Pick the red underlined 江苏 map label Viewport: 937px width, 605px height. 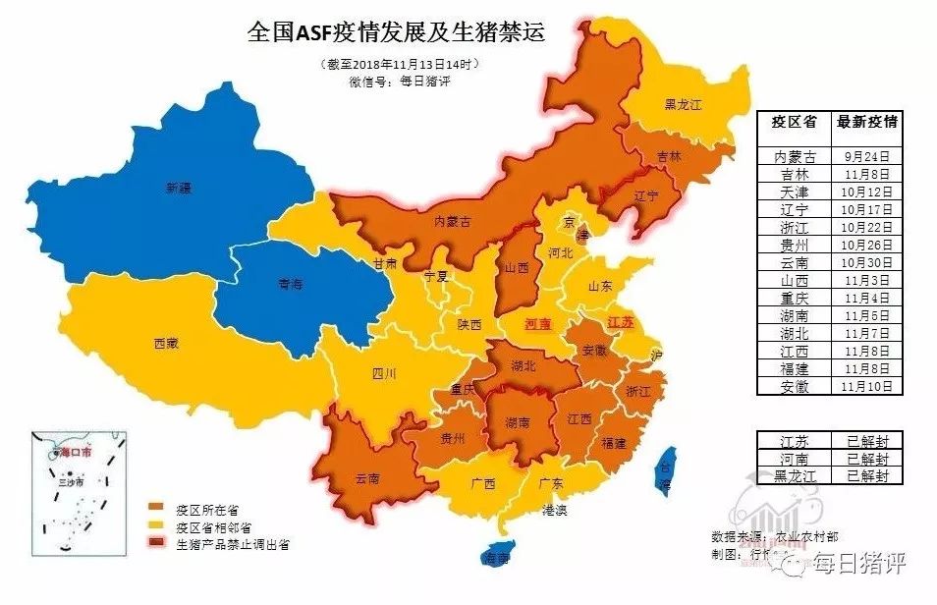click(x=620, y=322)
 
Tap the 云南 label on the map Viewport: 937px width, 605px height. click(x=367, y=478)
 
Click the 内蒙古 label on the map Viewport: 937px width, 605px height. click(x=453, y=222)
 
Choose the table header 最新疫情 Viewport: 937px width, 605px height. click(x=866, y=123)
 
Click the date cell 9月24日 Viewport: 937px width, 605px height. click(x=866, y=156)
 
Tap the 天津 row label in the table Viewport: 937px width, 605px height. click(x=795, y=192)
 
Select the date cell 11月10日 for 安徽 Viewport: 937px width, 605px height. click(x=866, y=386)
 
